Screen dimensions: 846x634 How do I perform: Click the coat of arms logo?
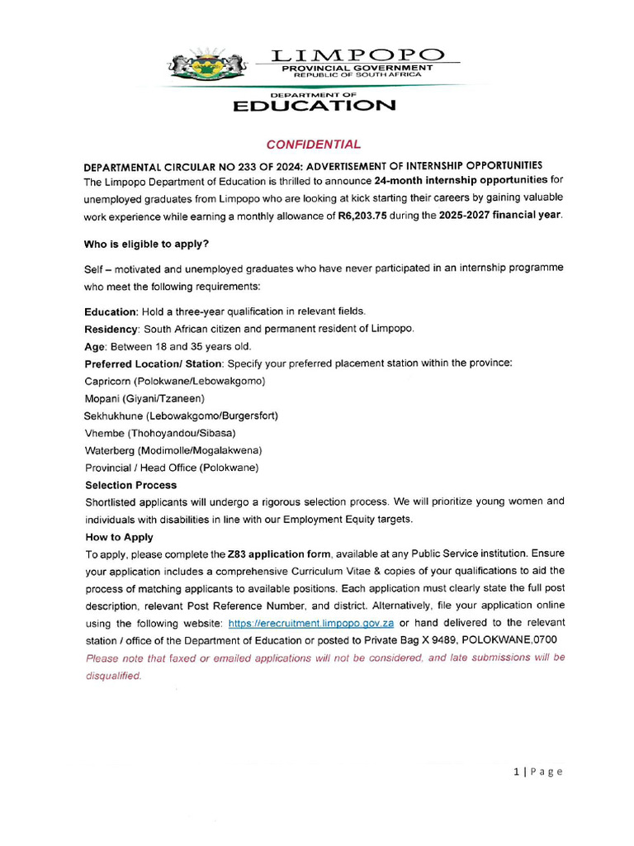pos(207,65)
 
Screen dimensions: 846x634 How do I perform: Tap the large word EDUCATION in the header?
pos(314,106)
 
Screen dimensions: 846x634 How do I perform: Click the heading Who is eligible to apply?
pos(146,245)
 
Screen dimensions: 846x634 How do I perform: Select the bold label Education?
pos(112,311)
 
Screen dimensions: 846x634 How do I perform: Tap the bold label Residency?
pos(112,329)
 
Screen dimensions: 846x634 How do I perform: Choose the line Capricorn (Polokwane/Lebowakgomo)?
pos(175,381)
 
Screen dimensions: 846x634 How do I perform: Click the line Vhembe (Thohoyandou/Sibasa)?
pos(160,433)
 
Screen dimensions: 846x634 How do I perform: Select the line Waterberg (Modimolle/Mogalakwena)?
pos(173,450)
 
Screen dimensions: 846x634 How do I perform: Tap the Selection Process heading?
pos(130,485)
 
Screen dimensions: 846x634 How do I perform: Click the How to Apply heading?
pos(119,537)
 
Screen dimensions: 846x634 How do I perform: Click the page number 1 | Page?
pos(537,772)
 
